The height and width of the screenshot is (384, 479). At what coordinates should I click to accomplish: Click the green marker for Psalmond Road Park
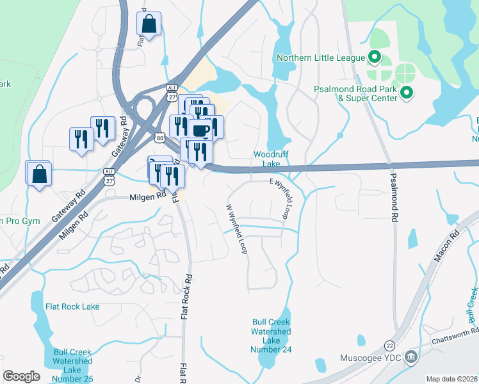coord(407,94)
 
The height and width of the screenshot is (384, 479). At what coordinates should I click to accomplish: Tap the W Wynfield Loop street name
coord(236,228)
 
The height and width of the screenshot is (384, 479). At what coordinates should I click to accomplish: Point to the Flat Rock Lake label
coord(72,307)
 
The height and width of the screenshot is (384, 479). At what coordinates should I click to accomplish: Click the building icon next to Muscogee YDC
coord(410,356)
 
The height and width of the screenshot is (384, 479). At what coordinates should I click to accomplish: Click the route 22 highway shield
coord(389,345)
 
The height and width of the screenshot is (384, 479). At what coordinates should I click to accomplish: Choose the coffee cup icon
coord(200,130)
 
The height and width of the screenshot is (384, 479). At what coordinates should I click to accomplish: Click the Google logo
coord(21,376)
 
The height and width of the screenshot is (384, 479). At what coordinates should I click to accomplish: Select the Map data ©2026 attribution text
coord(451,379)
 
